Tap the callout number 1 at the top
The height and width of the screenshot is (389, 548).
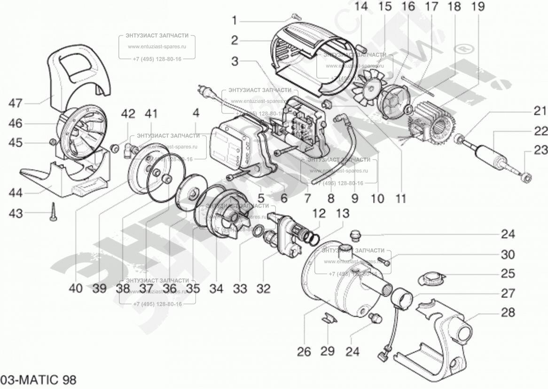[234, 20]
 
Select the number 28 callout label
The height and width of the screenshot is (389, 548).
[508, 312]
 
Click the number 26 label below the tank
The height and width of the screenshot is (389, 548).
[304, 351]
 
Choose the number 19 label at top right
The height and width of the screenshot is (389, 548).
[479, 7]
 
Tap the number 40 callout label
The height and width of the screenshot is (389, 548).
[75, 288]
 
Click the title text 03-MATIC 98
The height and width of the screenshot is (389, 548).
[38, 379]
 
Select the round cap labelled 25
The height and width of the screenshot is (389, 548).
[430, 278]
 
